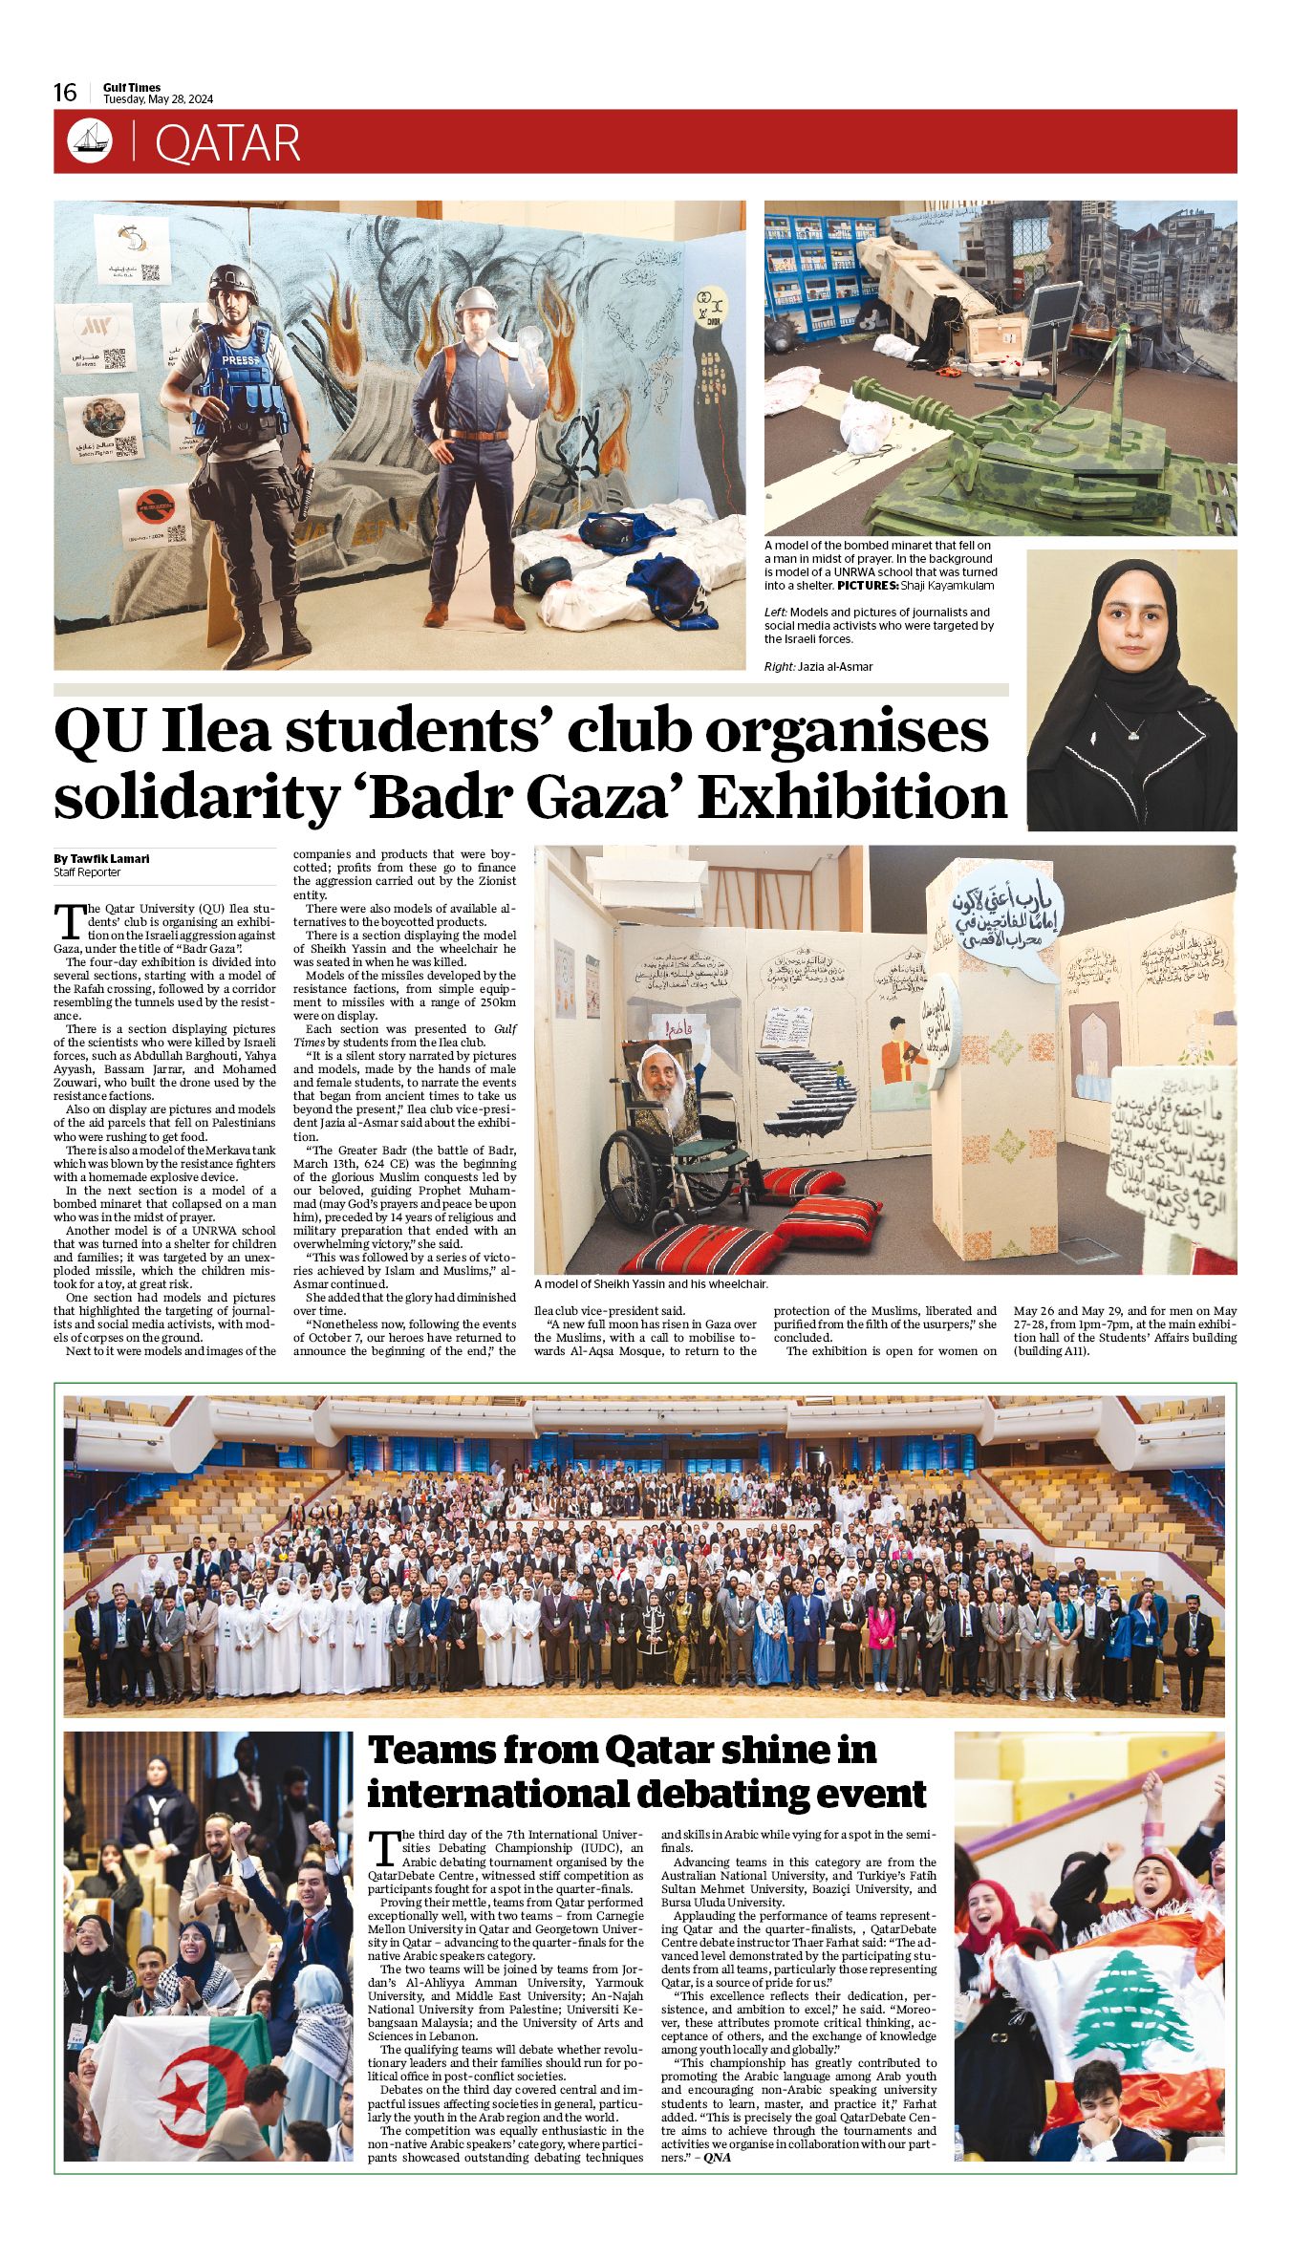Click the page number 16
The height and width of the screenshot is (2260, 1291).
pyautogui.click(x=65, y=93)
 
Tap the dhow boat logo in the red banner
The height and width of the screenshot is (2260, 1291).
pyautogui.click(x=90, y=141)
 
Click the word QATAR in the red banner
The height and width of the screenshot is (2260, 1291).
pyautogui.click(x=226, y=143)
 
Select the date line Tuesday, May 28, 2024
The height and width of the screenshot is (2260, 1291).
pyautogui.click(x=158, y=99)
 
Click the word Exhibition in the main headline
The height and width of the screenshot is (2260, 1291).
pyautogui.click(x=852, y=796)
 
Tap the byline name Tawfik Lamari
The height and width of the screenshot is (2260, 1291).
pyautogui.click(x=109, y=858)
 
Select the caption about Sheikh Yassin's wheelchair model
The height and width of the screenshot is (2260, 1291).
pyautogui.click(x=651, y=1284)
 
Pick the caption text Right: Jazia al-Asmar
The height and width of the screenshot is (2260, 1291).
pyautogui.click(x=818, y=666)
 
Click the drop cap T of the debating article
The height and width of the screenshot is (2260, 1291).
pyautogui.click(x=382, y=1846)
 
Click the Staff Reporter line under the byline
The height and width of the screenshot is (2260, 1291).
pyautogui.click(x=87, y=872)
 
